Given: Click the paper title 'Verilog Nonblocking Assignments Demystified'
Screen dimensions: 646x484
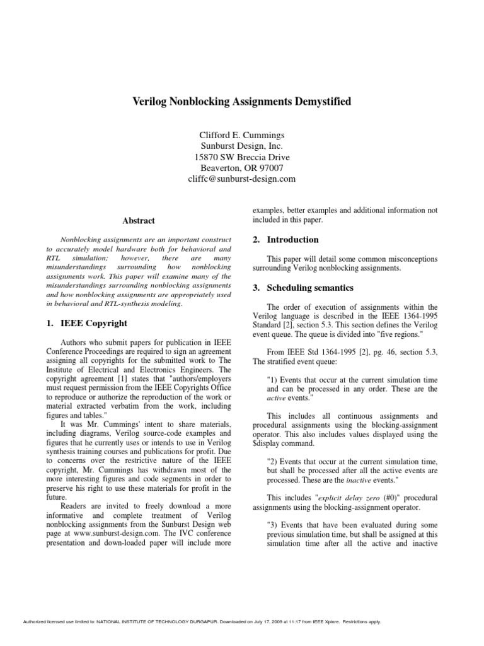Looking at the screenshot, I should coord(242,101).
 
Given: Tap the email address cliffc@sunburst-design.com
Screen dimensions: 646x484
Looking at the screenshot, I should coord(242,179).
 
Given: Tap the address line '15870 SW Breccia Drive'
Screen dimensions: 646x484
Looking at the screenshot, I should coord(242,156).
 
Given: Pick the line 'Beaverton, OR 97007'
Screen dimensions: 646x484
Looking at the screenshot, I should coord(242,168).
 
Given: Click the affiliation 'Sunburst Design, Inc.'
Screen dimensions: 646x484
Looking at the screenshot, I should coord(242,145).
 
